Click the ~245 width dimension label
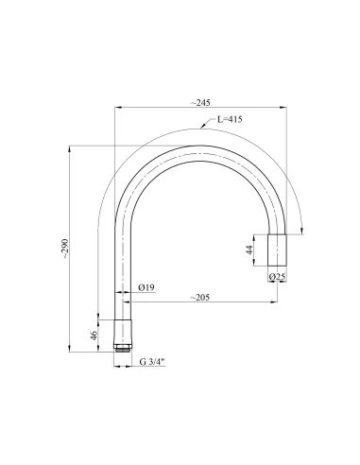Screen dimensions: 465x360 (x=199, y=101)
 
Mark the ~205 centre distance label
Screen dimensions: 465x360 (x=199, y=299)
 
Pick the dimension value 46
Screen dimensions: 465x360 (x=92, y=335)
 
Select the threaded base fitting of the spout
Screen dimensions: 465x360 (x=121, y=335)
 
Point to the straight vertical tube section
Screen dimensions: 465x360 (x=121, y=274)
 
